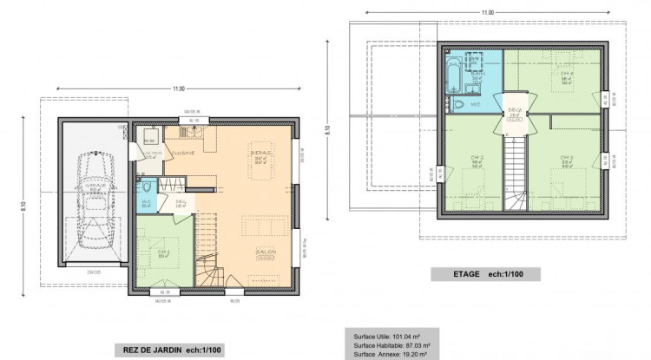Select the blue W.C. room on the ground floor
pos(146,194)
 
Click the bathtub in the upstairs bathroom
pos(452,74)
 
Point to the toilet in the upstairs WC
pos(458,103)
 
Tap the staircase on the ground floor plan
pos(208,252)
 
